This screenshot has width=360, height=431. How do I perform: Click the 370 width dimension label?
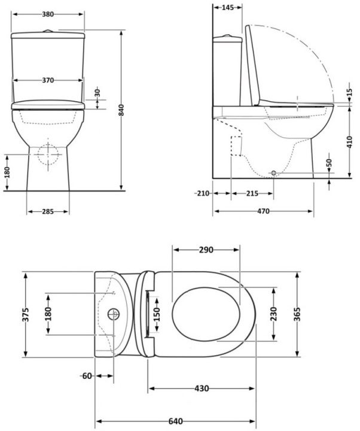(48, 80)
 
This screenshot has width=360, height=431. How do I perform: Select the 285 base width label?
(48, 211)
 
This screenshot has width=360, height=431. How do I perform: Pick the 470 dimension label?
(263, 211)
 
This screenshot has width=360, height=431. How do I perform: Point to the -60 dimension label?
(87, 376)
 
